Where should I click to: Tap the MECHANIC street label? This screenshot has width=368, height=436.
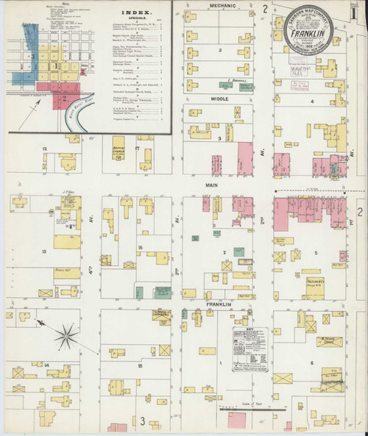pos(221,5)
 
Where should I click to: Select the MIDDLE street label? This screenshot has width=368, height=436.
pos(220,98)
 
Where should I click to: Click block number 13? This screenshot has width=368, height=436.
pos(45,251)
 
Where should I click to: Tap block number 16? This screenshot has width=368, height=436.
pos(138,248)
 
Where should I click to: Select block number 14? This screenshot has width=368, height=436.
pos(46,365)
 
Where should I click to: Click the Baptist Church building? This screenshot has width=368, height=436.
pos(114,152)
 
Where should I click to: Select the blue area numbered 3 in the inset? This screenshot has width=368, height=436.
pos(32,56)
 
